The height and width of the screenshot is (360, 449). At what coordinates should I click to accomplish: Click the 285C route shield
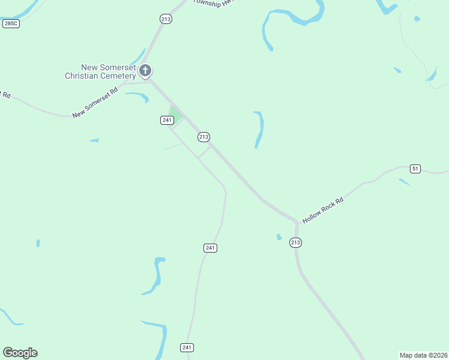pyautogui.click(x=11, y=23)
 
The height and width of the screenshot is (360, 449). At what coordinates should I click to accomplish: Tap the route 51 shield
pyautogui.click(x=415, y=169)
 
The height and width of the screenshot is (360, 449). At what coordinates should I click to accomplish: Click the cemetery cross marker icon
pyautogui.click(x=145, y=71)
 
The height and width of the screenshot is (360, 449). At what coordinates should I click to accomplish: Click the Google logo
pyautogui.click(x=20, y=353)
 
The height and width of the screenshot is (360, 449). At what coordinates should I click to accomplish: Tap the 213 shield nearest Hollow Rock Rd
pyautogui.click(x=295, y=242)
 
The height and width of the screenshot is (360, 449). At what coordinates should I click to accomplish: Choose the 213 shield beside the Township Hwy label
pyautogui.click(x=166, y=19)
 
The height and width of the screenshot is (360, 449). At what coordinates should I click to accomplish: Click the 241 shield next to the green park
pyautogui.click(x=167, y=120)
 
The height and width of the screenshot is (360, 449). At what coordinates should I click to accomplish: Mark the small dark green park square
pyautogui.click(x=175, y=113)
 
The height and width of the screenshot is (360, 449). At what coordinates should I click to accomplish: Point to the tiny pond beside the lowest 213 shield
pyautogui.click(x=279, y=237)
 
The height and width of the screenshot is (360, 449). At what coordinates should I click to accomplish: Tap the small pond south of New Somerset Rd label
pyautogui.click(x=94, y=140)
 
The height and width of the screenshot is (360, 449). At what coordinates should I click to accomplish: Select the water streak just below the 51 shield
pyautogui.click(x=405, y=182)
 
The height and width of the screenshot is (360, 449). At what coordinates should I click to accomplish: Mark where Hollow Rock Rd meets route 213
pyautogui.click(x=296, y=222)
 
